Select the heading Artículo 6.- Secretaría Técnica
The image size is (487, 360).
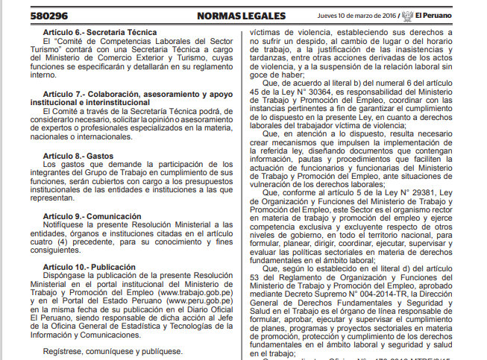pyautogui.click(x=99, y=32)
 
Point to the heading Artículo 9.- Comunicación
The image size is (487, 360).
pyautogui.click(x=91, y=216)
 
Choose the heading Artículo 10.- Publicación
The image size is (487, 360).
pyautogui.click(x=89, y=267)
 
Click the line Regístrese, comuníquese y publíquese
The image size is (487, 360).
pyautogui.click(x=112, y=350)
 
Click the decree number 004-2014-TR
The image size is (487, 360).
pyautogui.click(x=368, y=294)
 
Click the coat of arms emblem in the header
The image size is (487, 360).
pyautogui.click(x=409, y=15)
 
